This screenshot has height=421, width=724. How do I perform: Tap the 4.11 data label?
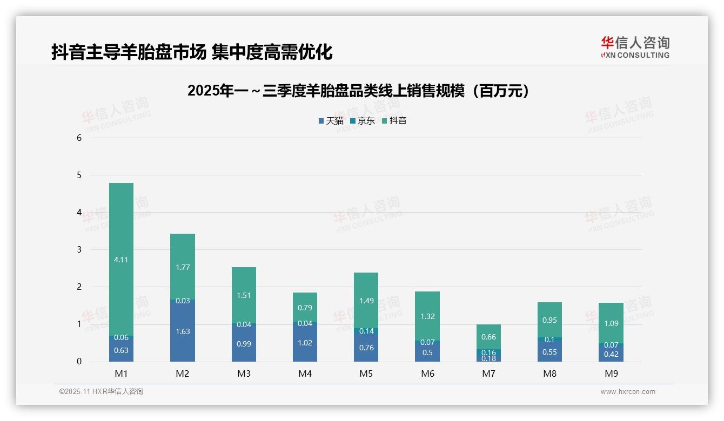click(121, 260)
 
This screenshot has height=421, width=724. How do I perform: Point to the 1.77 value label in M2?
click(183, 267)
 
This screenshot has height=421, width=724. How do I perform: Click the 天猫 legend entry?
click(331, 121)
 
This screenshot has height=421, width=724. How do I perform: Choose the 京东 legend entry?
click(363, 121)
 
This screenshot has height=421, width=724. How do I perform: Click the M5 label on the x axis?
click(366, 374)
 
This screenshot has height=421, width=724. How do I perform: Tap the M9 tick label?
click(611, 374)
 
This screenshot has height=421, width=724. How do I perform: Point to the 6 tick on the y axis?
click(79, 138)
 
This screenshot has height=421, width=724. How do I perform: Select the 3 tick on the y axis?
click(79, 249)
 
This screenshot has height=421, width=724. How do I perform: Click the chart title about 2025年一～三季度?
click(358, 91)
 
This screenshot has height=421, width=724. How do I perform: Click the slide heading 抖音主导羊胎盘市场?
click(192, 52)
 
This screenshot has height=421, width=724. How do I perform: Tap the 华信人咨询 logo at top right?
click(635, 47)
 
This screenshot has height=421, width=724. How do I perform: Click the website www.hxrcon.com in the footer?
click(628, 392)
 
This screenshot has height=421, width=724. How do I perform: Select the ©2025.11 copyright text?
click(101, 392)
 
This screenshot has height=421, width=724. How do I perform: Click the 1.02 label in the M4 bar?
click(305, 343)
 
